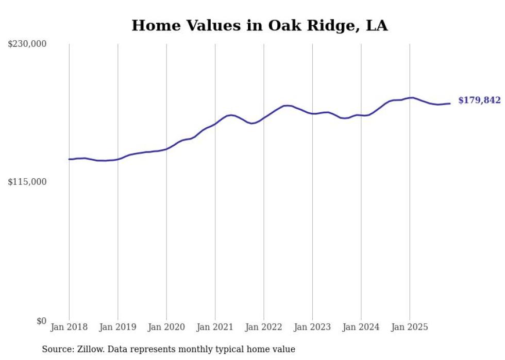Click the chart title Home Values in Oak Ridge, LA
pyautogui.click(x=259, y=25)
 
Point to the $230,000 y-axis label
pyautogui.click(x=27, y=44)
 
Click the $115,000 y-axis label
pyautogui.click(x=27, y=182)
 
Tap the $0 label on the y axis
pyautogui.click(x=41, y=321)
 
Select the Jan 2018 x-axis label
pyautogui.click(x=69, y=327)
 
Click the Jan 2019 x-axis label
pyautogui.click(x=117, y=327)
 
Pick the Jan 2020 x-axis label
pyautogui.click(x=166, y=327)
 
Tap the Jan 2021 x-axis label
pyautogui.click(x=215, y=327)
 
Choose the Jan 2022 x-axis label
pyautogui.click(x=264, y=327)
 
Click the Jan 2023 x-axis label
pyautogui.click(x=312, y=327)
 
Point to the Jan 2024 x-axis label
pyautogui.click(x=361, y=327)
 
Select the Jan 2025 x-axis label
pyautogui.click(x=410, y=327)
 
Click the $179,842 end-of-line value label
pyautogui.click(x=479, y=100)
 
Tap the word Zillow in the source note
pyautogui.click(x=90, y=349)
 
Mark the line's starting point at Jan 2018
pyautogui.click(x=69, y=159)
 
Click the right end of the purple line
pyautogui.click(x=450, y=104)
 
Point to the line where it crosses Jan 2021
pyautogui.click(x=215, y=124)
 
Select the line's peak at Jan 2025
pyautogui.click(x=411, y=97)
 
